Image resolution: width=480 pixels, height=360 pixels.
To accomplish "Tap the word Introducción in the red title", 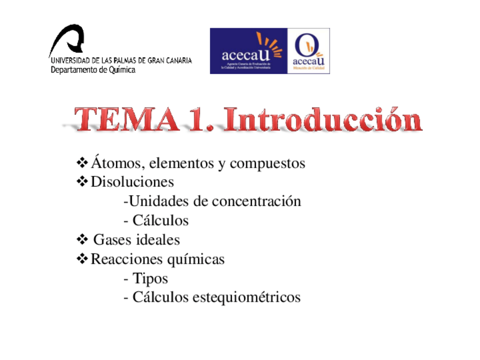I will click(322, 120).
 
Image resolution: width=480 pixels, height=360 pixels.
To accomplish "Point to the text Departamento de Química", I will click(93, 70).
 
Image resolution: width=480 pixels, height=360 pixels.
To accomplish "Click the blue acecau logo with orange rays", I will click(249, 51).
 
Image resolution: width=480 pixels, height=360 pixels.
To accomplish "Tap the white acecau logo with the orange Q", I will click(309, 51).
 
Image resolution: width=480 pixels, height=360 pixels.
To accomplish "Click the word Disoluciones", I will click(132, 182).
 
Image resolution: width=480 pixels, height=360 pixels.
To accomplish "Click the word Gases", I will click(113, 240).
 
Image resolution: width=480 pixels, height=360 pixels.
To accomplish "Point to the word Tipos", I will click(150, 278).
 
